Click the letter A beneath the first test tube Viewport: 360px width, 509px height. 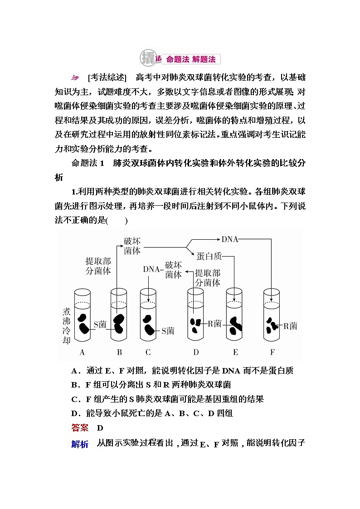click(82, 352)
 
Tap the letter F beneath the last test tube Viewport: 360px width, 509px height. click(272, 352)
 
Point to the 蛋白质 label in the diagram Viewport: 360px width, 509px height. click(209, 256)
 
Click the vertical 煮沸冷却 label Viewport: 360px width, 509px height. click(66, 327)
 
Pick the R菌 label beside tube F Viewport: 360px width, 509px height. click(290, 325)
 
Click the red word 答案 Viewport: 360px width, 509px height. click(80, 428)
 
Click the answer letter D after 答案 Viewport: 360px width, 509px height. click(101, 428)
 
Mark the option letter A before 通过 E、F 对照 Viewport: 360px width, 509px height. click(75, 371)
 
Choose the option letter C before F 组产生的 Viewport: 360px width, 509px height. click(75, 399)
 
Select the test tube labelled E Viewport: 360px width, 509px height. click(234, 317)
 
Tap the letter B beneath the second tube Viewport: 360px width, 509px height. click(120, 352)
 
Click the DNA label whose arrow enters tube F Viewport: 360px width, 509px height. click(230, 239)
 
